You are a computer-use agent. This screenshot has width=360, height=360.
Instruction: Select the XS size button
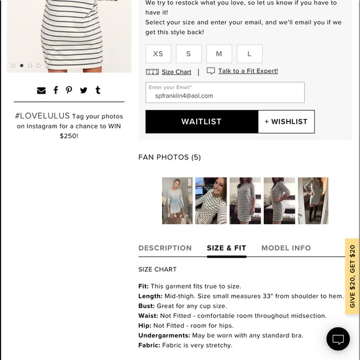click(x=158, y=54)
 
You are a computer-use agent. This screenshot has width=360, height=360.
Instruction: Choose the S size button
click(x=189, y=54)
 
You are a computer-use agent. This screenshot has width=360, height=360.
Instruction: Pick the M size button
click(x=219, y=54)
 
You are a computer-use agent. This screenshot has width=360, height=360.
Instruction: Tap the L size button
click(x=250, y=54)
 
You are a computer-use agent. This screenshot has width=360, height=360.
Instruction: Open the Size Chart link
click(x=176, y=72)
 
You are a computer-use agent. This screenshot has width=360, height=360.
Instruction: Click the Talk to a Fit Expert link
click(x=248, y=71)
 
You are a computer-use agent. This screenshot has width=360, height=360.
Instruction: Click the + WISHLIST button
click(x=286, y=122)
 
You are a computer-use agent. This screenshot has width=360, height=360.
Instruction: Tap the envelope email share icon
click(x=41, y=91)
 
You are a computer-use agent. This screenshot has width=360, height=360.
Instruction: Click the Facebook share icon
click(x=55, y=91)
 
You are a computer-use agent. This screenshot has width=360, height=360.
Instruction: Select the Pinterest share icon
click(x=69, y=91)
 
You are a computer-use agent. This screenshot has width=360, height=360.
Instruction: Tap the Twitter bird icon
click(x=83, y=91)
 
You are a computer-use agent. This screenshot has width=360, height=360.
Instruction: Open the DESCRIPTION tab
click(x=165, y=248)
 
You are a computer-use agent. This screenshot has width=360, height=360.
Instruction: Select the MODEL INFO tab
click(x=286, y=248)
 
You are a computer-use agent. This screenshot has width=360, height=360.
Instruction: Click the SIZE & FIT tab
click(x=227, y=248)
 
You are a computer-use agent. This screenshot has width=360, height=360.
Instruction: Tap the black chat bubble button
click(x=338, y=339)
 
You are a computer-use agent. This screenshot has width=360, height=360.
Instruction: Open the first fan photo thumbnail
click(x=178, y=200)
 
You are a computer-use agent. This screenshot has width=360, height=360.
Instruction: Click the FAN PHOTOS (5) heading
click(x=169, y=158)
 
